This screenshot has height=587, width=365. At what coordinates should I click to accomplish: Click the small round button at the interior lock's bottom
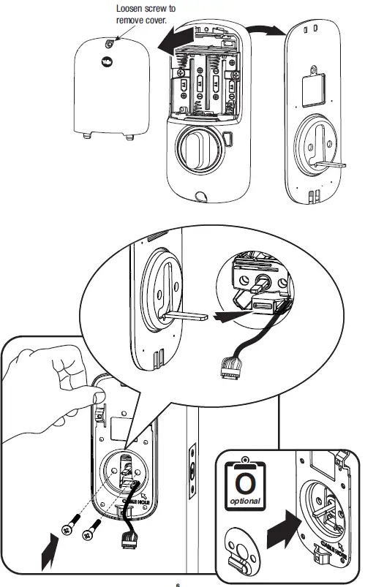coord(199,196)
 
